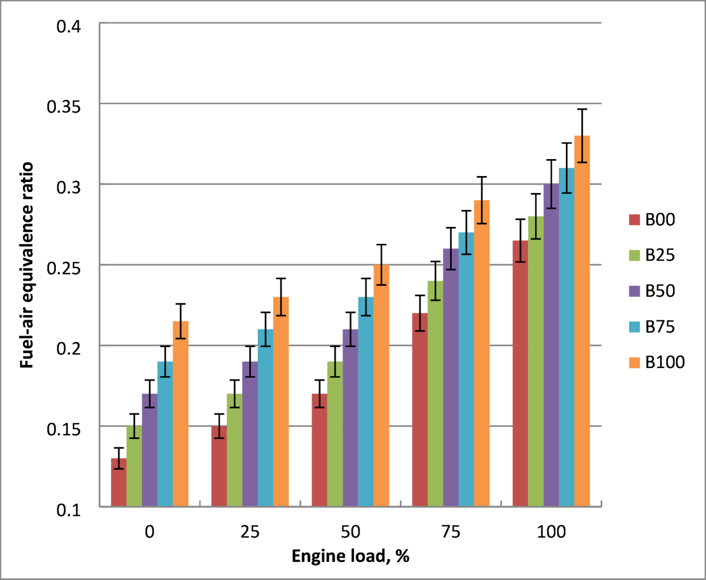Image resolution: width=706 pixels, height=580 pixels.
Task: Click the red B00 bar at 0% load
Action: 119,482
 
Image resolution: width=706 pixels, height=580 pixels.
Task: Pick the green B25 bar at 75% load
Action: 435,394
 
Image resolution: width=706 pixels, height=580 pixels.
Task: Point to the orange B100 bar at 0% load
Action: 180,414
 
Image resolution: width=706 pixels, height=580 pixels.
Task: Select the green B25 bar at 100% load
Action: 536,362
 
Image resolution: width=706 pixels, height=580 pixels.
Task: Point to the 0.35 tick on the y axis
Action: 64,106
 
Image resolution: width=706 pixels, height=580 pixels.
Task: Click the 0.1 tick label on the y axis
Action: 69,510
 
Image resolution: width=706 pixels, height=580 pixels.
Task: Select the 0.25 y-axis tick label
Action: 64,268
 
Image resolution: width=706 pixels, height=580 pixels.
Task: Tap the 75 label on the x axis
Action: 450,532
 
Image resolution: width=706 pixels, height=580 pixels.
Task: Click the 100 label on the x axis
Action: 551,532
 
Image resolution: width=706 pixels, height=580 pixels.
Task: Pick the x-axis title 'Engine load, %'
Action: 350,556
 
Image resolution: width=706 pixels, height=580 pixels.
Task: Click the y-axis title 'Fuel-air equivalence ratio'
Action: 26,265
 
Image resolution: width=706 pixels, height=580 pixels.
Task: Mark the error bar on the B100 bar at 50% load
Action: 381,264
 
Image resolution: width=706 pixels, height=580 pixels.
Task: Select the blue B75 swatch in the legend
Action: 634,327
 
